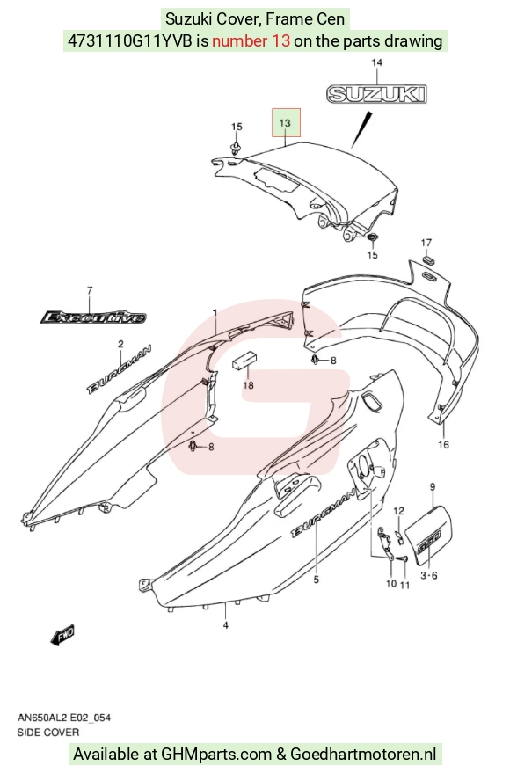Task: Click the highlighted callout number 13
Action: click(285, 123)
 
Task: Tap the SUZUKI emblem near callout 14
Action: click(376, 94)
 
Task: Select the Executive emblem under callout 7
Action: click(93, 317)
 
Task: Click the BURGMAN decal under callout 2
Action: click(120, 369)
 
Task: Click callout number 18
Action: click(248, 385)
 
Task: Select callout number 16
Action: click(443, 445)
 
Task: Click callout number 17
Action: click(426, 243)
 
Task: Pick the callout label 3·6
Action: click(429, 575)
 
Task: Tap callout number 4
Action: click(226, 625)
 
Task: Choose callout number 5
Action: click(317, 580)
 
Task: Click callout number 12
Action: click(398, 511)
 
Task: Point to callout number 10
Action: click(391, 584)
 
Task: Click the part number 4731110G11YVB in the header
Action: click(129, 40)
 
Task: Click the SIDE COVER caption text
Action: click(47, 733)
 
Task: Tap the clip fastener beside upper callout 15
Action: click(235, 148)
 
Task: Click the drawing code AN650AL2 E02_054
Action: click(64, 718)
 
